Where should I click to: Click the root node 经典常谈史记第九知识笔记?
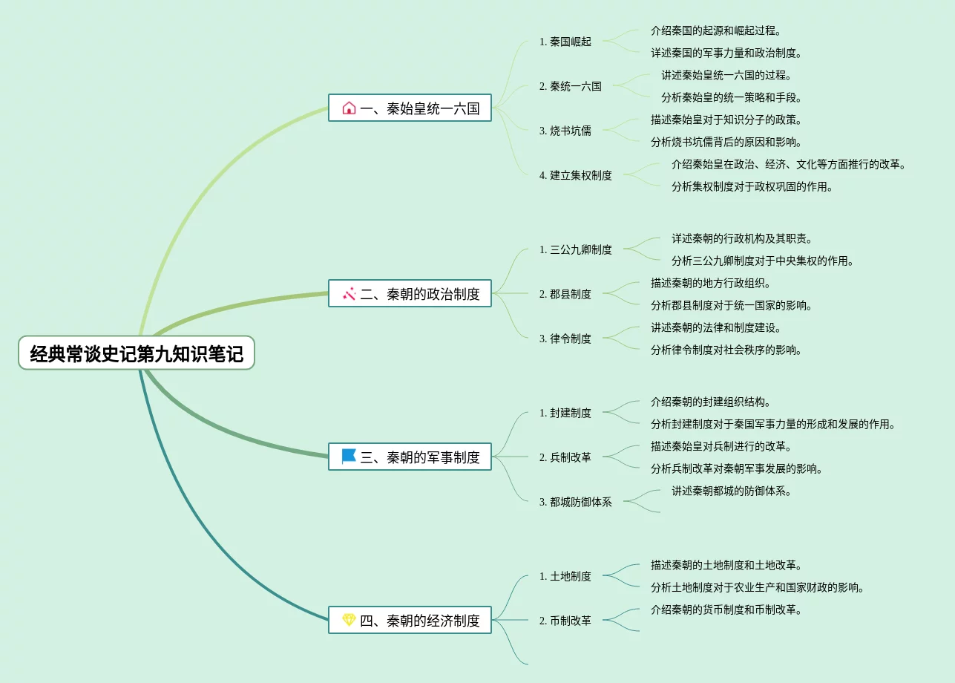coord(137,353)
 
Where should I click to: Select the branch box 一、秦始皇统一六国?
coord(410,108)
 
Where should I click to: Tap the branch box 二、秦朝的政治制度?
coord(410,294)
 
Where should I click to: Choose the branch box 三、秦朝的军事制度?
coord(410,457)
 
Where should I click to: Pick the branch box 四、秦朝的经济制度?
coord(410,621)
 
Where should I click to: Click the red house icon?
coord(349,108)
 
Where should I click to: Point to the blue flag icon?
coord(349,457)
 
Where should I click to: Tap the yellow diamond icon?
coord(349,620)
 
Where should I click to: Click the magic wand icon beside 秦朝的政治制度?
coord(349,294)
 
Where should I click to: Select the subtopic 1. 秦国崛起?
coord(565,42)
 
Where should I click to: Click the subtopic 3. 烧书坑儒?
coord(565,131)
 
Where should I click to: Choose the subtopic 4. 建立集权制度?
coord(576,175)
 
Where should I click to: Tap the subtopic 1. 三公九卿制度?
coord(576,249)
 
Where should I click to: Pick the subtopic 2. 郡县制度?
coord(565,294)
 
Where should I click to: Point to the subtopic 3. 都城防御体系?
coord(576,502)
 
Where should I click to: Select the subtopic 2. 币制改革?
coord(565,621)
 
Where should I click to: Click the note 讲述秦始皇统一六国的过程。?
coord(726,75)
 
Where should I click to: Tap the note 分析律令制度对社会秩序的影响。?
coord(726,350)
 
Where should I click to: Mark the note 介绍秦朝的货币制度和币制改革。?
coord(726,610)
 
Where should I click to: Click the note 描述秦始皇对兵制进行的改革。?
coord(721,446)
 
